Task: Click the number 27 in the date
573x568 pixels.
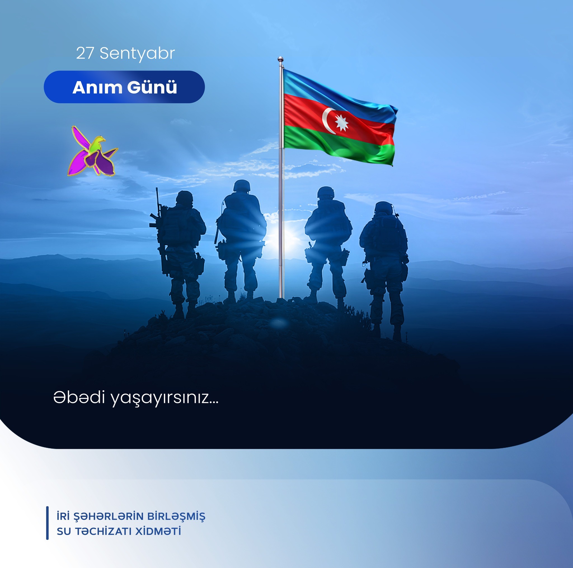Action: [85, 53]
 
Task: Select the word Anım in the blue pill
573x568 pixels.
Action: [97, 88]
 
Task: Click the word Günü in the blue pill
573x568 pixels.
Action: [152, 88]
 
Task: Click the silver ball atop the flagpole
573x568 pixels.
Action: [281, 59]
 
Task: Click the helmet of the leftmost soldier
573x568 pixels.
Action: [184, 197]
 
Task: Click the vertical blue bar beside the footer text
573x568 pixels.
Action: [47, 523]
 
